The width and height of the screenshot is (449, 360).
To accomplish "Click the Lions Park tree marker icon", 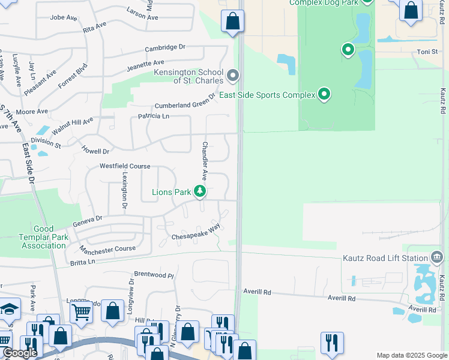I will [200, 192].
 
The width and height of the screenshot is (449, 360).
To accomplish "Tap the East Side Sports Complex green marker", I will [325, 95].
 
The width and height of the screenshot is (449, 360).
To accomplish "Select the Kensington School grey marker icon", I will [234, 76].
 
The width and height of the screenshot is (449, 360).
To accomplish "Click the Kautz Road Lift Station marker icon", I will [438, 258].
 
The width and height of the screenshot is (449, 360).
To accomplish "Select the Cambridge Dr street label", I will [166, 47].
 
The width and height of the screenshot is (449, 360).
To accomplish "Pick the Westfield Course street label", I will [125, 166].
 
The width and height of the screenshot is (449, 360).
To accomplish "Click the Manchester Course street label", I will [108, 249].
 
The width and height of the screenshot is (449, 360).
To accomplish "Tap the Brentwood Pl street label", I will [154, 275].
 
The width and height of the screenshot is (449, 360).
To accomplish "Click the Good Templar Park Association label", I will [43, 237].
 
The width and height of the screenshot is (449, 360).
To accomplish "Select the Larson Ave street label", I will [143, 14].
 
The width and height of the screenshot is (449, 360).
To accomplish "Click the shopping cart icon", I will [81, 312].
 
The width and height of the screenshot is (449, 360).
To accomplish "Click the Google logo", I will [20, 353].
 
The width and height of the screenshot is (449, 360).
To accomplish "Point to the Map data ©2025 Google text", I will [412, 355].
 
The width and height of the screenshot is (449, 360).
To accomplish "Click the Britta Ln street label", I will [83, 262].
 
